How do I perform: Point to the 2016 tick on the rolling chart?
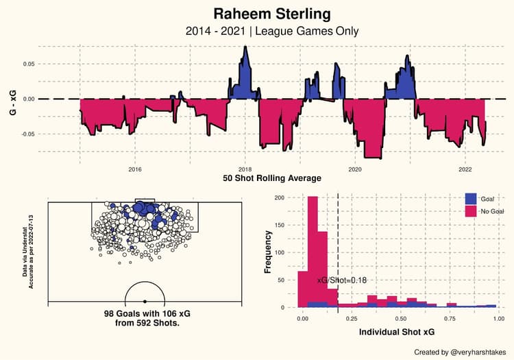click(x=134, y=169)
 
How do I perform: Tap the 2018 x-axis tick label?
click(x=245, y=169)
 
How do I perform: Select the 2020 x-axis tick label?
click(x=355, y=169)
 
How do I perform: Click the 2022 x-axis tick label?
click(x=465, y=169)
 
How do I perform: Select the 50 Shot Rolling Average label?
click(x=272, y=178)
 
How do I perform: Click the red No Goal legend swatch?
click(x=472, y=212)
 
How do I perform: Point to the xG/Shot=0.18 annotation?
click(x=342, y=280)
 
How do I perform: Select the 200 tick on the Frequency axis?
click(x=280, y=197)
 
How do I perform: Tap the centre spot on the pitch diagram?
click(x=145, y=302)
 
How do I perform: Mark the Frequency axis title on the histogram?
click(x=269, y=252)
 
